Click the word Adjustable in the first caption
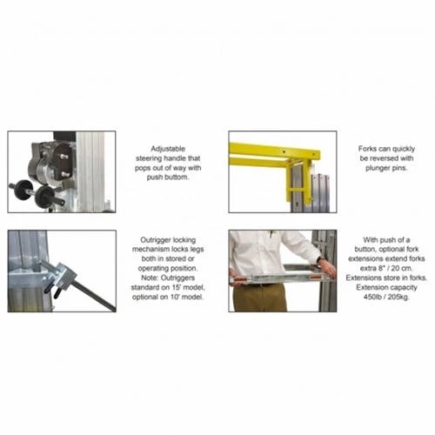168,149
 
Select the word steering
149,158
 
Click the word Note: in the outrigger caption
150,278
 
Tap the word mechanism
151,250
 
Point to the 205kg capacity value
398,297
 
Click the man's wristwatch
319,259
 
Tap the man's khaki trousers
260,298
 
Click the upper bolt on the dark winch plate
64,157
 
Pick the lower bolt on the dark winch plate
65,175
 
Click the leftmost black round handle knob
23,190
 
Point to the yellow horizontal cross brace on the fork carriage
298,191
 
